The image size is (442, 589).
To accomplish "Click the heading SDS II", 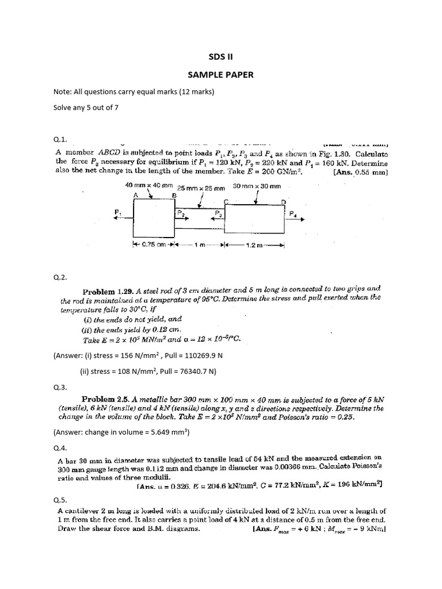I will pyautogui.click(x=222, y=56).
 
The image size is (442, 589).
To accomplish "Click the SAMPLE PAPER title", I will pyautogui.click(x=222, y=75).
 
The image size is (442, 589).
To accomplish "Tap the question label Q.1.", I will pyautogui.click(x=60, y=139).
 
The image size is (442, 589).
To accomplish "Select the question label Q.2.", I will pyautogui.click(x=60, y=277).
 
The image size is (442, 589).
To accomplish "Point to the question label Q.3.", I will pyautogui.click(x=60, y=387).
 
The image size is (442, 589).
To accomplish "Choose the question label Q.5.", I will pyautogui.click(x=60, y=500).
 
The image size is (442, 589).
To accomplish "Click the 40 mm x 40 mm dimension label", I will pyautogui.click(x=149, y=185).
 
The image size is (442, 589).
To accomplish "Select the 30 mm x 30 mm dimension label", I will pyautogui.click(x=257, y=186).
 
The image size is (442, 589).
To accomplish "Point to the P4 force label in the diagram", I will pyautogui.click(x=293, y=213).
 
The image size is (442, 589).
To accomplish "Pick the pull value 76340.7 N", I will pyautogui.click(x=187, y=371).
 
